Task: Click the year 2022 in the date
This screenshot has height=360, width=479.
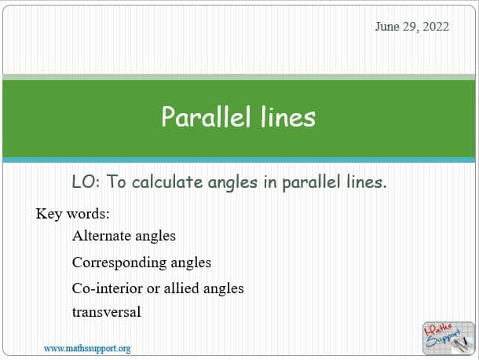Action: coord(436,27)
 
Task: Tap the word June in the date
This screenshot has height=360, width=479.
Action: coord(387,27)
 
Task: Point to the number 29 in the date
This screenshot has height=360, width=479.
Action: coord(410,27)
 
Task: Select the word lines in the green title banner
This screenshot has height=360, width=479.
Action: coord(288,116)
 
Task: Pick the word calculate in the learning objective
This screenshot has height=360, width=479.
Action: coord(167,182)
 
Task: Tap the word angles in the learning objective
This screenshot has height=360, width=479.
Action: coord(232,183)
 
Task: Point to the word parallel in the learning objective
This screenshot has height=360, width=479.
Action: coord(311,182)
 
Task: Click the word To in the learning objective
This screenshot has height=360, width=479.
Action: coord(116,182)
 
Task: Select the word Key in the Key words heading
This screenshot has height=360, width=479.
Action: coord(49,214)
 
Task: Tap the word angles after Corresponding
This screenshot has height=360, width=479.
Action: coord(191,263)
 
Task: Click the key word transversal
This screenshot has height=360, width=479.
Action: coord(107,312)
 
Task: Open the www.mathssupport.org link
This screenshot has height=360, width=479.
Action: coord(87,349)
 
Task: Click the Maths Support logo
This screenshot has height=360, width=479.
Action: coord(448,338)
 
